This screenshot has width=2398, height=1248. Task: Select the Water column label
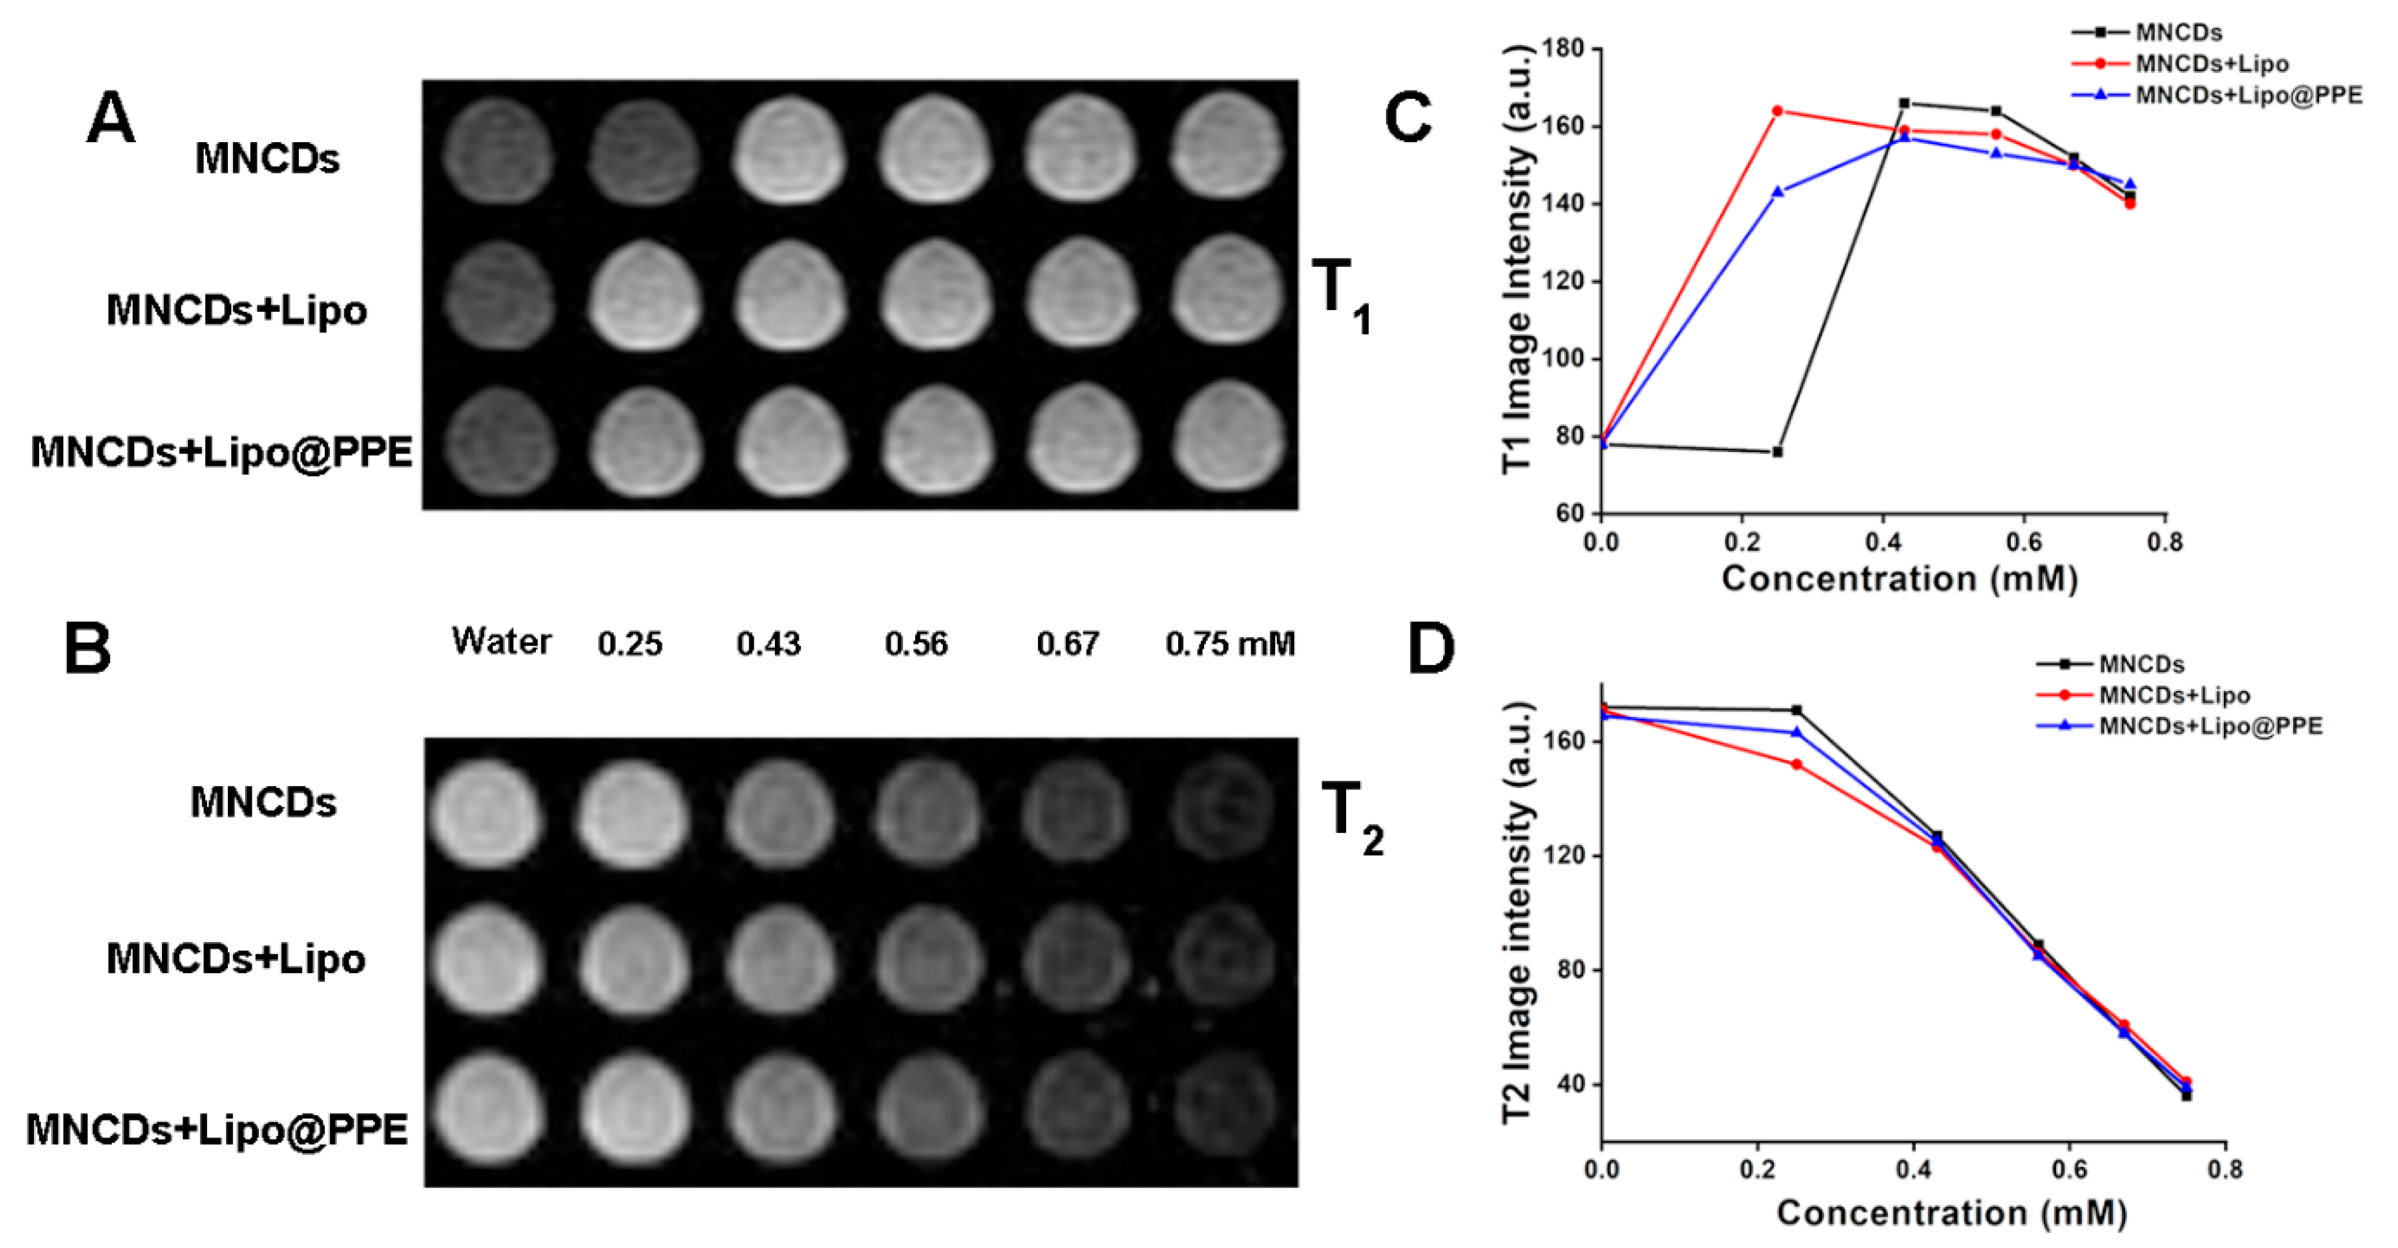(501, 641)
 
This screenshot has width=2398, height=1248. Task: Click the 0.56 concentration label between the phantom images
(916, 643)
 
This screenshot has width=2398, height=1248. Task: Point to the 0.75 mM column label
(1230, 643)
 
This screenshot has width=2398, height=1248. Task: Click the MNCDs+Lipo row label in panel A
(236, 310)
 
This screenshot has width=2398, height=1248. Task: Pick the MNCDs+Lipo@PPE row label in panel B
(217, 1129)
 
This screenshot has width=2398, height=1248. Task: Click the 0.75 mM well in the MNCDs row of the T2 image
(1223, 806)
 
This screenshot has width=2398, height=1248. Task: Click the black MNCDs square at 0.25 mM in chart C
(1777, 452)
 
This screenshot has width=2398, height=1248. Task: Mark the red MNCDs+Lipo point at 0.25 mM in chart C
(1777, 111)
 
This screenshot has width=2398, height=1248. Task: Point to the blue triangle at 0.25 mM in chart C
(1777, 192)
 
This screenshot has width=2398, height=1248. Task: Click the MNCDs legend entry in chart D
(2141, 664)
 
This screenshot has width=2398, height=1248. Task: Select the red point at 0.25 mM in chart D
(1796, 765)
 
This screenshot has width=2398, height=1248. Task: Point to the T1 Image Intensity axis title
(1517, 261)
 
